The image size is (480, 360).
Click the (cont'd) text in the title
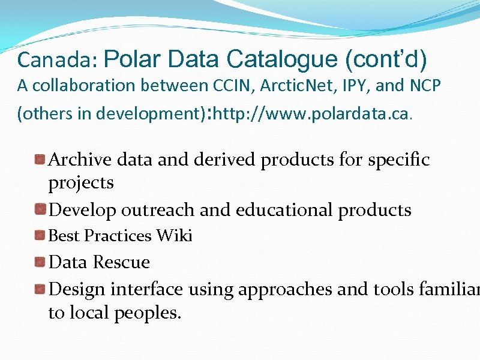tap(386, 59)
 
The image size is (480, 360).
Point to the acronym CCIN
tap(236, 86)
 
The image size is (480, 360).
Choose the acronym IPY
tap(358, 86)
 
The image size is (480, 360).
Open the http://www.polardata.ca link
tap(311, 113)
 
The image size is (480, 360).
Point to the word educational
tap(285, 210)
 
